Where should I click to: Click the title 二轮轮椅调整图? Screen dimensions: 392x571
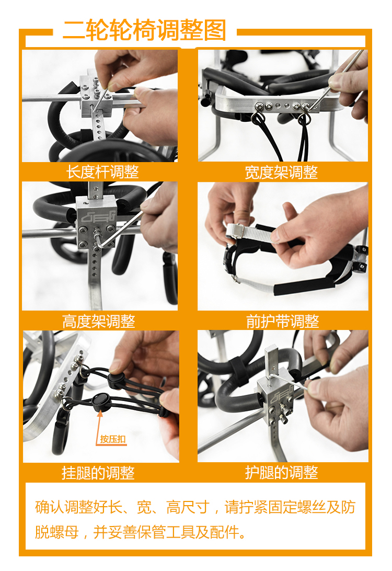point(144,30)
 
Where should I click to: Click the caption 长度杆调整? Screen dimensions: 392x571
point(102,172)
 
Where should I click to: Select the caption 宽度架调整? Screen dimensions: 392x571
point(281,172)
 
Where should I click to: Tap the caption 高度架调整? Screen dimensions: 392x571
point(99,322)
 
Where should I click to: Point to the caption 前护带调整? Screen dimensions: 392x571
point(282,322)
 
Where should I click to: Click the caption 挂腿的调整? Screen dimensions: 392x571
point(98,473)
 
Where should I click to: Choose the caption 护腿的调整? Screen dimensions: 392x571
point(282,473)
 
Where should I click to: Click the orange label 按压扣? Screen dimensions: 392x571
point(113,439)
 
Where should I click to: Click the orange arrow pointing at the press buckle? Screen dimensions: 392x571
point(99,427)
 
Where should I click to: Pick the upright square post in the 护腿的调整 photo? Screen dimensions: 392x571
point(271,364)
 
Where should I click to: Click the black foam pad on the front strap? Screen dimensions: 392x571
point(304,287)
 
